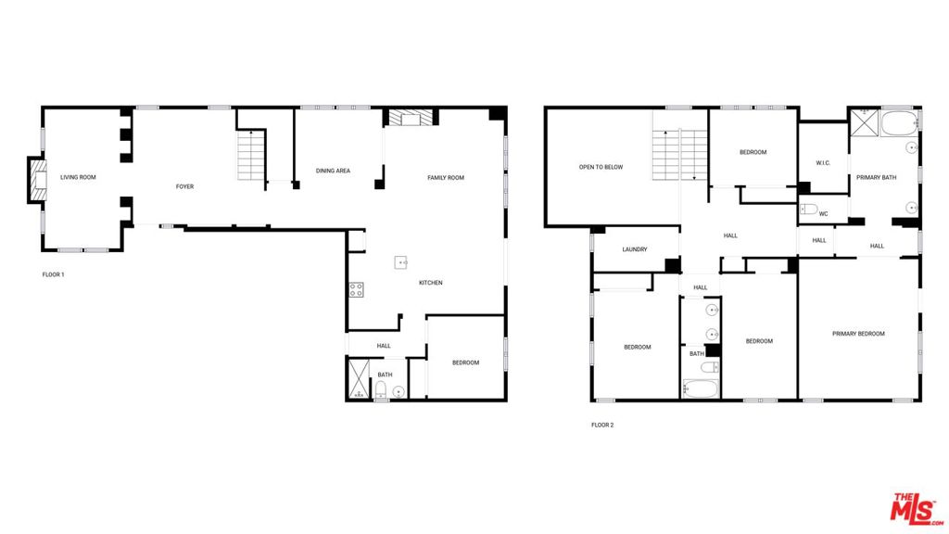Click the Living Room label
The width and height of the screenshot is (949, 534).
click(78, 177)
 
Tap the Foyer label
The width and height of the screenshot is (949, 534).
click(184, 186)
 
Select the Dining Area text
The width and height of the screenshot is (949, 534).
click(333, 171)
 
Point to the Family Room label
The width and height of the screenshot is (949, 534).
click(446, 177)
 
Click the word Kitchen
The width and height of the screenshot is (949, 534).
click(430, 283)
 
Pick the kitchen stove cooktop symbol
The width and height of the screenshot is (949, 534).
click(356, 289)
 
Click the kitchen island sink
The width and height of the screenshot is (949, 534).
click(400, 262)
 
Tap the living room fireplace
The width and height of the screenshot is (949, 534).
click(38, 180)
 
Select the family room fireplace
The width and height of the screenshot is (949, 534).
click(411, 118)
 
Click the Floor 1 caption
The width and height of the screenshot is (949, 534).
click(53, 274)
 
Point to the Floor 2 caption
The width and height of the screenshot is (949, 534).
click(602, 425)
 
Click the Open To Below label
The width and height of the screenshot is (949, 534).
click(601, 167)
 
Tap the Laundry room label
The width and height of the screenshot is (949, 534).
click(634, 249)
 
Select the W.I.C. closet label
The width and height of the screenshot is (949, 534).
click(823, 163)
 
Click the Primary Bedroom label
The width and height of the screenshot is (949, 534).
click(858, 334)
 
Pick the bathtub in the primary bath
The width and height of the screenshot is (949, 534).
click(899, 123)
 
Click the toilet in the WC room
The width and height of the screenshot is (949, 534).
click(809, 210)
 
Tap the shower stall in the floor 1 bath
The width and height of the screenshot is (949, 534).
click(359, 379)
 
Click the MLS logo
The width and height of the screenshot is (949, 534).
click(916, 509)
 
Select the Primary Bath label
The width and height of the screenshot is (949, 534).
click(877, 177)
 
